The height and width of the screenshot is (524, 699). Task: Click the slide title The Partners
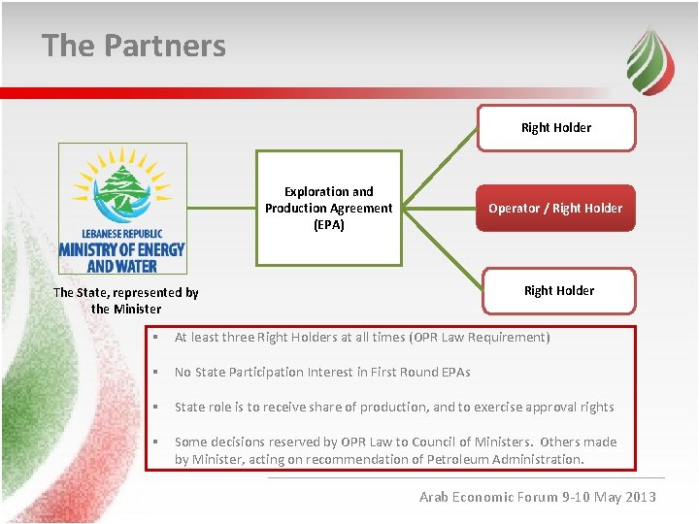134,46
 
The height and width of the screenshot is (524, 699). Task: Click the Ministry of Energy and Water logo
122,209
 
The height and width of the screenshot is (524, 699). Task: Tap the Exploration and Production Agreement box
328,208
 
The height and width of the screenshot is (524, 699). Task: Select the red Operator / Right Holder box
555,208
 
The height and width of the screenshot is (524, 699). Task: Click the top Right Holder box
556,127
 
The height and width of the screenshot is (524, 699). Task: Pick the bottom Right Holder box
558,290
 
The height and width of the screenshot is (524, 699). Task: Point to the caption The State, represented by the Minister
126,300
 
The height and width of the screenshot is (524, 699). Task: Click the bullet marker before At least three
156,338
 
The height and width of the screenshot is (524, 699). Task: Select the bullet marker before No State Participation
156,373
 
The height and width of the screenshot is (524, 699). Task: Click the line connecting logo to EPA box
221,208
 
